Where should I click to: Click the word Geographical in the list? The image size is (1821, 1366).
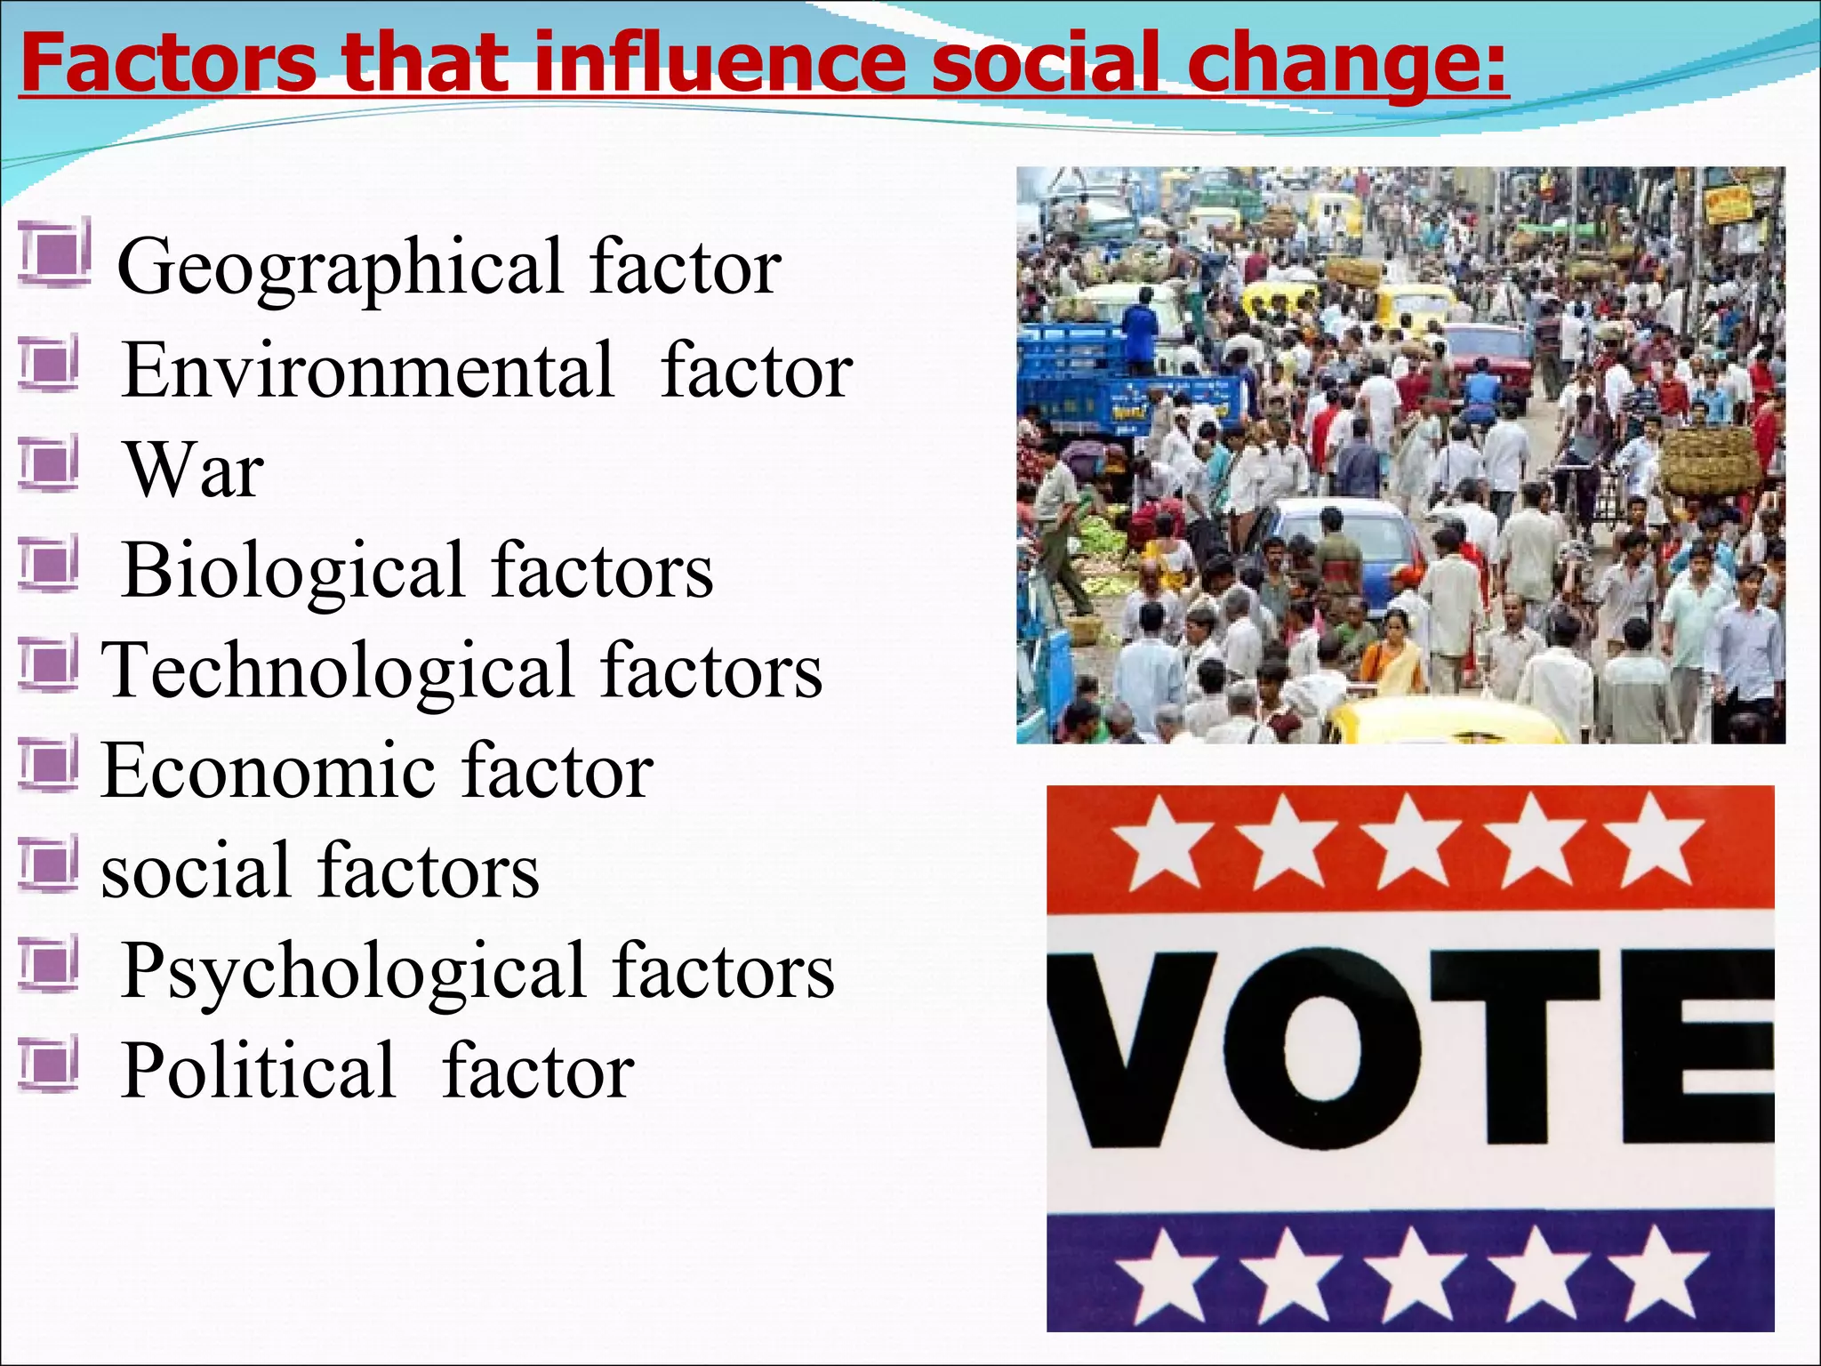(x=340, y=267)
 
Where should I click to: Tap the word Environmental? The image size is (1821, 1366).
(x=368, y=370)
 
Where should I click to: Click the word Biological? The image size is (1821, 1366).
(x=293, y=570)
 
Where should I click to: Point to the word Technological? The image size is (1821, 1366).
(x=338, y=671)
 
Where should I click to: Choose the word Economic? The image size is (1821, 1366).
(x=268, y=770)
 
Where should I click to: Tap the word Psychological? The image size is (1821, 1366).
(x=353, y=970)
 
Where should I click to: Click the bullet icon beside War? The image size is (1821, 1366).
(x=50, y=462)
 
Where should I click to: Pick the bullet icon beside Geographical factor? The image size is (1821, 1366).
(x=53, y=252)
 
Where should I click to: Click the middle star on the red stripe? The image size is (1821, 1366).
(x=1409, y=842)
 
